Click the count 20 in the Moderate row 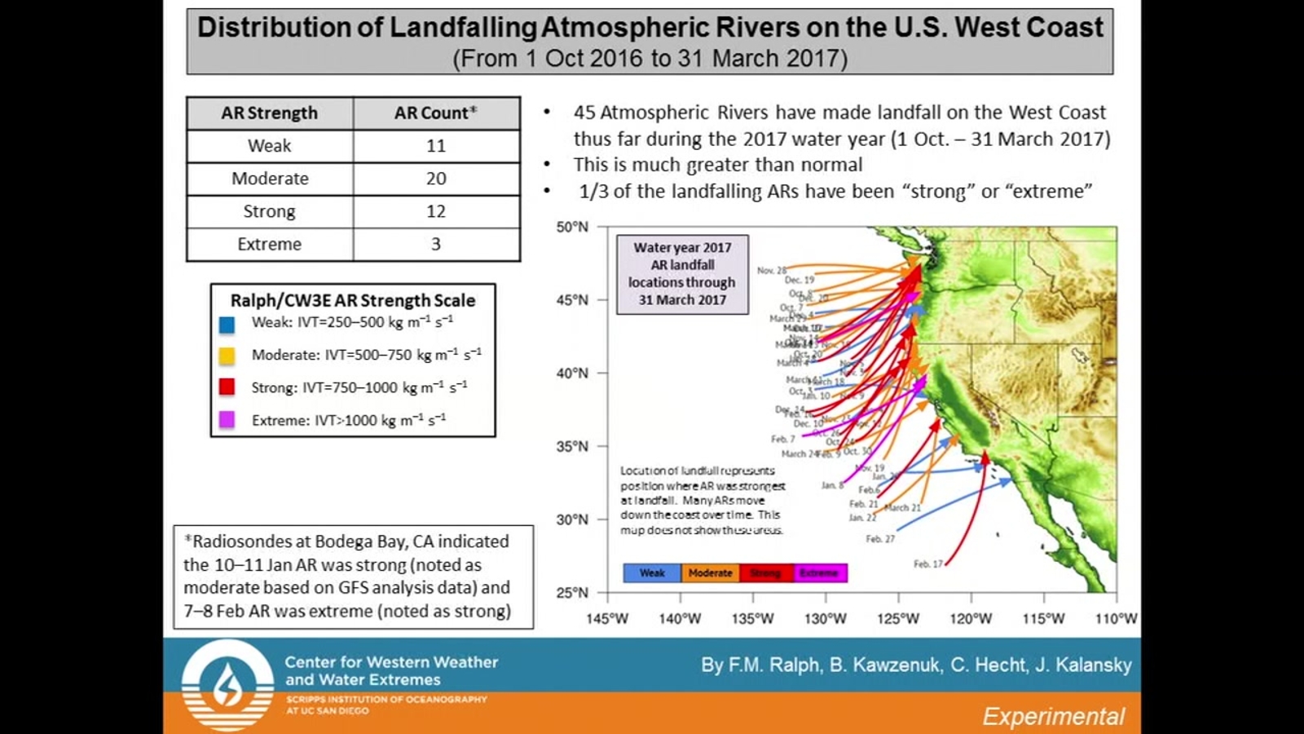[x=436, y=179]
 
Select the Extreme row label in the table [x=270, y=244]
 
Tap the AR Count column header [x=436, y=113]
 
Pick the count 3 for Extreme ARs [x=436, y=244]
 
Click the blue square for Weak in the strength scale [x=227, y=325]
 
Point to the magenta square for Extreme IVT [x=227, y=420]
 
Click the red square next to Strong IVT [x=227, y=387]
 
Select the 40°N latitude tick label [x=571, y=373]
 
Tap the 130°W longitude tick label [x=825, y=618]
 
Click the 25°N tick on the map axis [x=571, y=592]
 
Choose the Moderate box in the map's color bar [x=711, y=573]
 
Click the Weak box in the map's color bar [x=652, y=573]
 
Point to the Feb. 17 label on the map [x=927, y=564]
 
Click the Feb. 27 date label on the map [x=879, y=538]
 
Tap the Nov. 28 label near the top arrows [x=771, y=270]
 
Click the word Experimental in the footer [x=1053, y=716]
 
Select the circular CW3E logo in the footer [x=228, y=685]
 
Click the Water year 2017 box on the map [x=681, y=273]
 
